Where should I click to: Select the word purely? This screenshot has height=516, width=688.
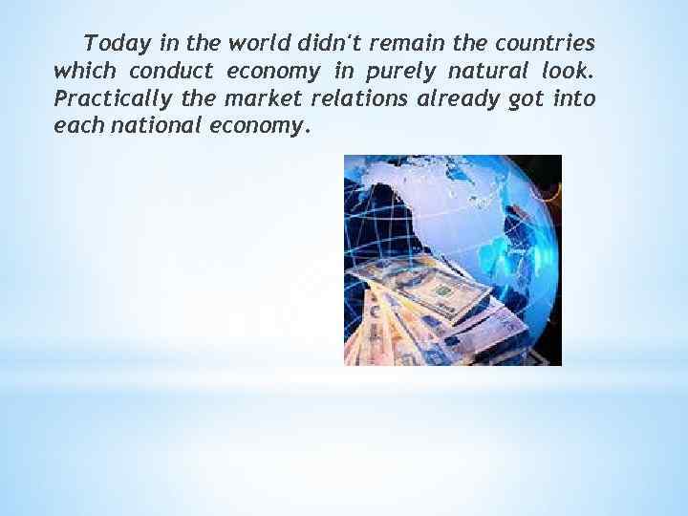pyautogui.click(x=407, y=72)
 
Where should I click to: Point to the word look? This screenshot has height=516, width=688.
pyautogui.click(x=570, y=72)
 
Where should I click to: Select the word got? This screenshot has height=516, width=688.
pyautogui.click(x=529, y=100)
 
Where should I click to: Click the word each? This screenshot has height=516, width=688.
pyautogui.click(x=79, y=127)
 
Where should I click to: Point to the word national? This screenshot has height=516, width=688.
pyautogui.click(x=158, y=127)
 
